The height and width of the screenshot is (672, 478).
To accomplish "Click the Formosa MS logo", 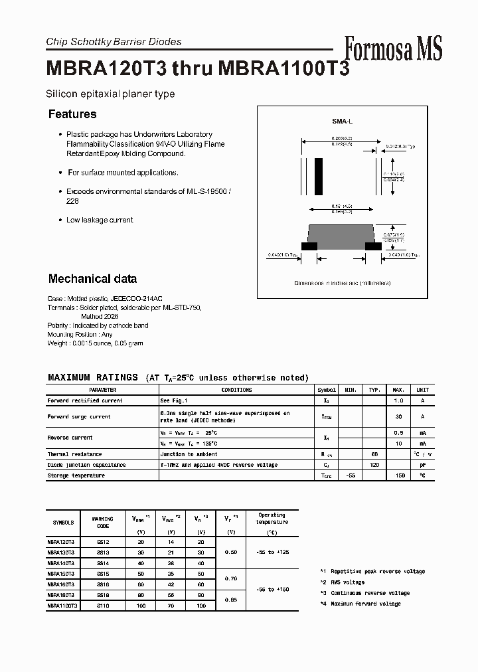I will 393,48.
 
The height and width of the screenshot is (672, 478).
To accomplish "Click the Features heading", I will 72,114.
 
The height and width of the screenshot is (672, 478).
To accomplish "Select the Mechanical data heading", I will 92,279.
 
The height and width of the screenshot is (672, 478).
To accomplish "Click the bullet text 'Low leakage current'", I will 100,220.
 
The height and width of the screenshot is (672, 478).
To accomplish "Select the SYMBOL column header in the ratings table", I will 327,390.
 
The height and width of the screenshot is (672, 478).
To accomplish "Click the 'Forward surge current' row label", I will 79,417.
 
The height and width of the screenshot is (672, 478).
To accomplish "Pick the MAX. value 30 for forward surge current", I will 399,417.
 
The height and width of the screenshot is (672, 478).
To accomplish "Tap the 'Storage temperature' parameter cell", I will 76,475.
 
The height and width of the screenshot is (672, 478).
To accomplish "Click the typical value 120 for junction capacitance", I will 374,465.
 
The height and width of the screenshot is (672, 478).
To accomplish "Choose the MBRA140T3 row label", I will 61,562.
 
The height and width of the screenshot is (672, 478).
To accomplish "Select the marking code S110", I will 102,606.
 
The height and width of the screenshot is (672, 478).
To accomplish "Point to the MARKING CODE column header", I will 102,523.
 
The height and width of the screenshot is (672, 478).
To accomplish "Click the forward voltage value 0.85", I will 231,600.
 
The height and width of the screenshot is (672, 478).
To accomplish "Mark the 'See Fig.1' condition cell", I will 174,400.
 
